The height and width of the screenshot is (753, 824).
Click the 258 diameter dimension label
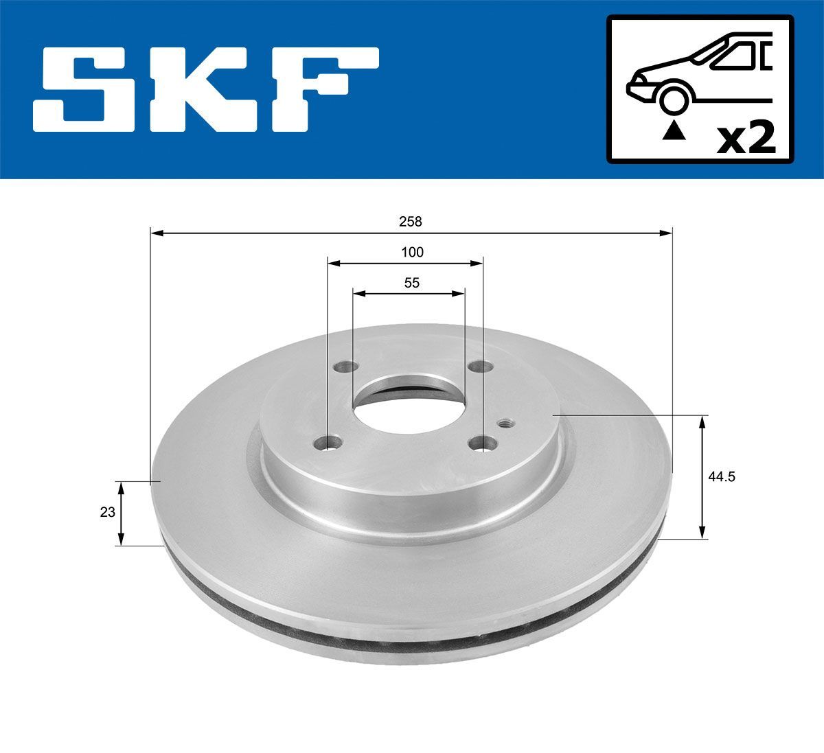411,222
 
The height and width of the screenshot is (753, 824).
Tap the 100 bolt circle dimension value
412,252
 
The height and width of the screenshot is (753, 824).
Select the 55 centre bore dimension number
411,283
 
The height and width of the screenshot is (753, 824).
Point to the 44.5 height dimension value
722,476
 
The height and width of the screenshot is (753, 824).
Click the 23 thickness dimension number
107,512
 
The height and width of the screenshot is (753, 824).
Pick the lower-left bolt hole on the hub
332,443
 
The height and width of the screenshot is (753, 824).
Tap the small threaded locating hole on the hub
507,424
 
